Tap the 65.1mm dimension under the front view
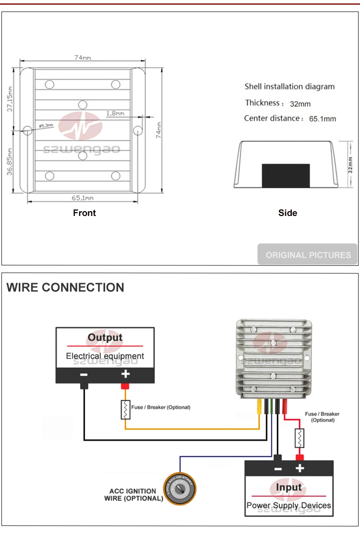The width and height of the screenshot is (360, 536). click(x=83, y=198)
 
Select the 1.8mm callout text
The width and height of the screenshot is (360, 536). click(x=115, y=113)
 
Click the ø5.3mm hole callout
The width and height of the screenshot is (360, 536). click(x=46, y=125)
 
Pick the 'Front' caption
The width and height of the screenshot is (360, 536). click(x=84, y=213)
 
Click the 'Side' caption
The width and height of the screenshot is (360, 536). click(x=288, y=213)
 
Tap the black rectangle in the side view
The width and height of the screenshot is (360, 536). click(x=286, y=176)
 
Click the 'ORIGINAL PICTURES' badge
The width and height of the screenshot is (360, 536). click(x=308, y=255)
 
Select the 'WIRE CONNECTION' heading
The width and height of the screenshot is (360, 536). click(x=65, y=287)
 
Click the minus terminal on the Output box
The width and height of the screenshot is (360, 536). click(x=84, y=375)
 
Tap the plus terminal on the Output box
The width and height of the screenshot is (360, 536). click(x=125, y=375)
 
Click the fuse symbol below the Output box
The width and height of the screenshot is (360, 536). click(x=125, y=409)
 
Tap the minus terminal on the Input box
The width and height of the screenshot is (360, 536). click(x=277, y=468)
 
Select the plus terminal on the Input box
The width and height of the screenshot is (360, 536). click(x=300, y=468)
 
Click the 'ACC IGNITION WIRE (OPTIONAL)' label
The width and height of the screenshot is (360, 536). click(x=133, y=495)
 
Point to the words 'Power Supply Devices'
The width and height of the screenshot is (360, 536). click(x=288, y=505)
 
